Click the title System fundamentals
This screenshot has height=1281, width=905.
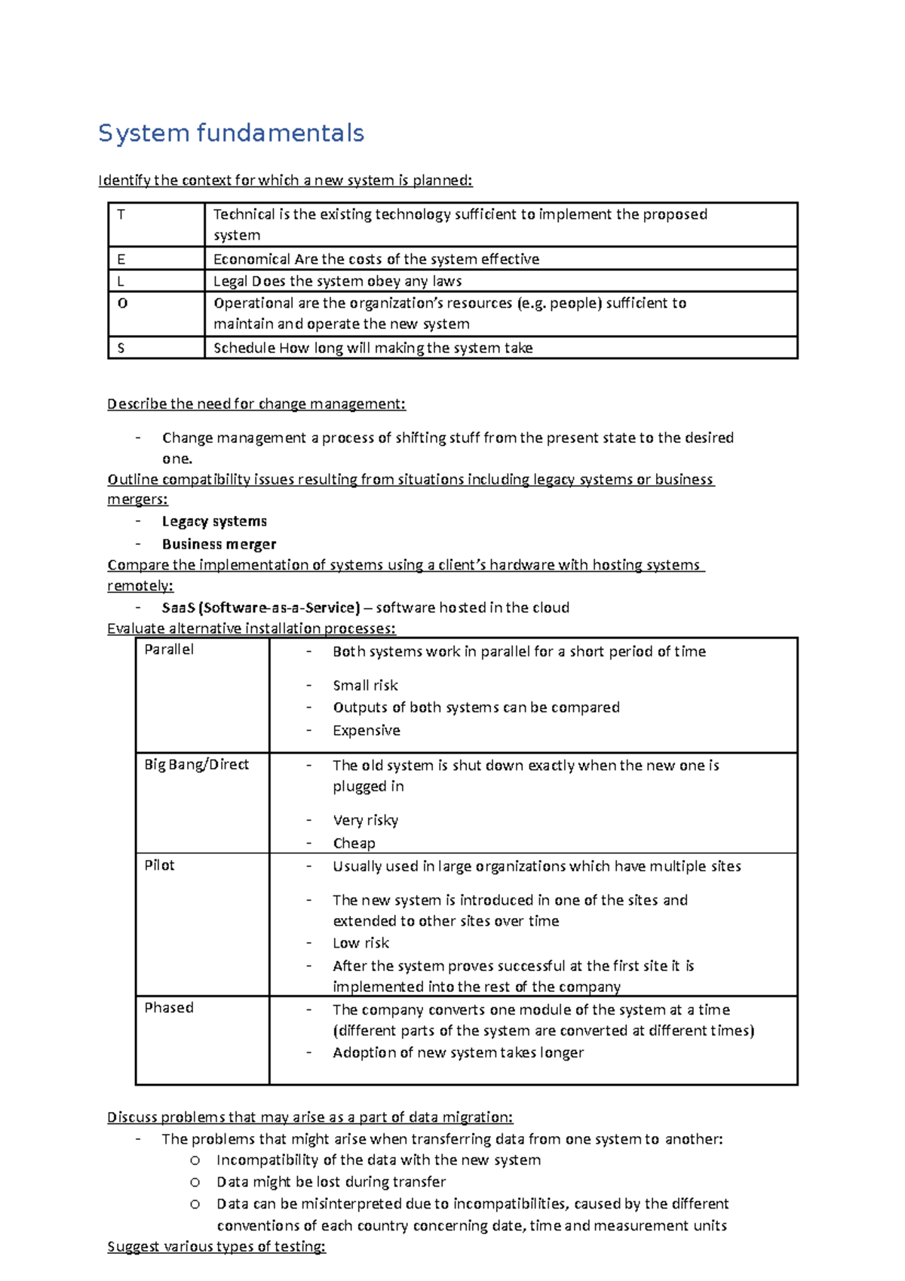coord(231,134)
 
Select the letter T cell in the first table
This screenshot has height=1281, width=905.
coord(121,214)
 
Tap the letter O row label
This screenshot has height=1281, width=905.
coord(123,303)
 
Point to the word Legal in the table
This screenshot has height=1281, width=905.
coord(230,281)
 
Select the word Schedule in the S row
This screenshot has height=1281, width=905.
coord(244,348)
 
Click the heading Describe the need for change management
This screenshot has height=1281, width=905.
coord(256,404)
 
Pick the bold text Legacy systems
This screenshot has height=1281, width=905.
coord(214,521)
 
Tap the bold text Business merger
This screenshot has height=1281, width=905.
coord(219,544)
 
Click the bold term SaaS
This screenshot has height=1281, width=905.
coord(178,607)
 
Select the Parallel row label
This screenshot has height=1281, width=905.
coord(169,650)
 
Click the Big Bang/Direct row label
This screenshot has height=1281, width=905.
coord(196,764)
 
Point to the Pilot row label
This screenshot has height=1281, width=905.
coord(159,865)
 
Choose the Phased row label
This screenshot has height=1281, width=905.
coord(169,1008)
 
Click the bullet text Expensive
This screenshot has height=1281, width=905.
coord(367,730)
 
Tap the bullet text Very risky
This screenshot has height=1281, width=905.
coord(366,820)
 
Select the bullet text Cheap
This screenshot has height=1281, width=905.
coord(354,843)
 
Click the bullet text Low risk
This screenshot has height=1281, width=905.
coord(361,943)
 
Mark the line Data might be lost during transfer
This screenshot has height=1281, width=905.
coord(330,1181)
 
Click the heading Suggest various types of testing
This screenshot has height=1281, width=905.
coord(216,1246)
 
